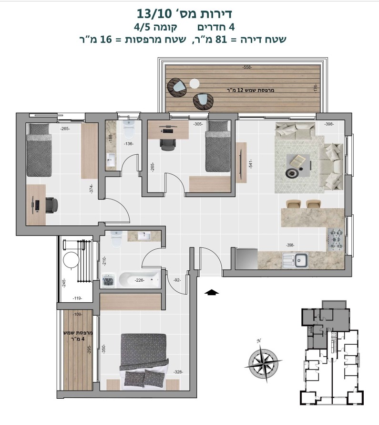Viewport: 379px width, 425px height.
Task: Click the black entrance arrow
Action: [x=212, y=292]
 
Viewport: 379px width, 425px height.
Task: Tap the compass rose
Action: [x=263, y=361]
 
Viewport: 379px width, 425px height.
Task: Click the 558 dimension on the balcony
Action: [x=247, y=67]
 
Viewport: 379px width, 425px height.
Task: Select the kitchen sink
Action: [x=296, y=260]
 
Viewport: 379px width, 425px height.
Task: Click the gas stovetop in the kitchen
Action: [x=336, y=240]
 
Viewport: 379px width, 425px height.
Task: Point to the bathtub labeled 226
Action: [x=140, y=280]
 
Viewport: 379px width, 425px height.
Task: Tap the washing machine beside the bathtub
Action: [x=109, y=280]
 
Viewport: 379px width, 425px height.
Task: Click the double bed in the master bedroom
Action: [x=143, y=361]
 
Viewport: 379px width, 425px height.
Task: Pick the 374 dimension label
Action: [x=92, y=189]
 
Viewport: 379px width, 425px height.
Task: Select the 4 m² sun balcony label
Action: [x=78, y=336]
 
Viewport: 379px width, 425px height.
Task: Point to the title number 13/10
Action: [x=154, y=13]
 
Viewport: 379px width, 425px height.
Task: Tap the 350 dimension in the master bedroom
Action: [x=103, y=349]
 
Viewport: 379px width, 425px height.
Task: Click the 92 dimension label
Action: [x=177, y=280]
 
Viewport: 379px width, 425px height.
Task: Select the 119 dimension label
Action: [x=78, y=298]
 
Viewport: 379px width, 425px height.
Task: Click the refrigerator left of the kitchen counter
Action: [x=246, y=259]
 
